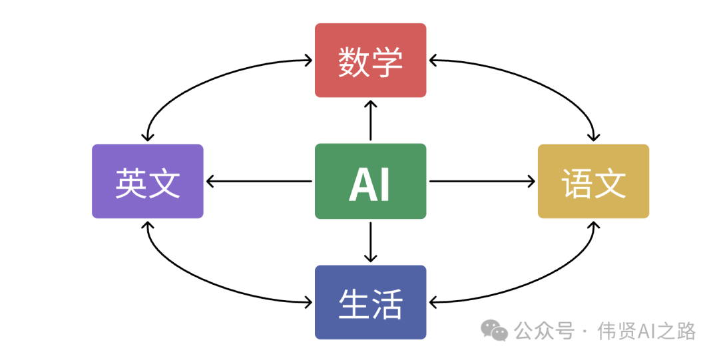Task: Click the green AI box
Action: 370,181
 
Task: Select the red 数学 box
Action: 370,61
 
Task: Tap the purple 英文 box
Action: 147,181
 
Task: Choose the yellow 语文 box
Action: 593,181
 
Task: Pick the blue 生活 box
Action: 370,302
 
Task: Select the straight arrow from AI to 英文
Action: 260,181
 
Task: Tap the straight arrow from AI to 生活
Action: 370,241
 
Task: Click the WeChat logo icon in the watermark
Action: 495,330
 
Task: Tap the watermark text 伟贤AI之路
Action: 646,331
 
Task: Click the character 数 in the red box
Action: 354,62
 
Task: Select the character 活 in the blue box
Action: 387,304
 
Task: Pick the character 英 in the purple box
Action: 130,183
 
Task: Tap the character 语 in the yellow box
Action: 577,183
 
